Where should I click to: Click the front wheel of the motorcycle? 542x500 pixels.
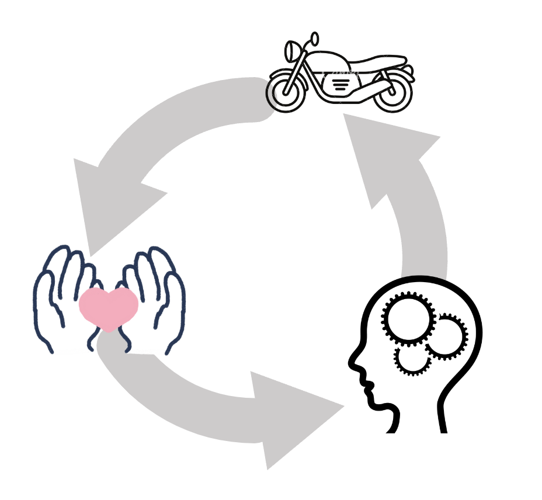coord(286,89)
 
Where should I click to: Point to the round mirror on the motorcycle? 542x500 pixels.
coord(314,39)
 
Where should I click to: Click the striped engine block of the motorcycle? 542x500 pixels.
coord(341,84)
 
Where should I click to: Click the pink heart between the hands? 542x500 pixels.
coord(109,307)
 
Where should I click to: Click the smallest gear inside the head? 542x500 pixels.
coord(413,358)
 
